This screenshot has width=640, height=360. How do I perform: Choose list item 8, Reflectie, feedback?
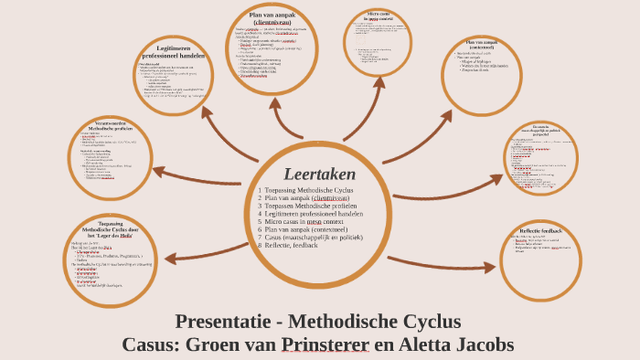pyautogui.click(x=292, y=245)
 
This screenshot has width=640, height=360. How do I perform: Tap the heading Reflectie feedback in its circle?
pyautogui.click(x=541, y=231)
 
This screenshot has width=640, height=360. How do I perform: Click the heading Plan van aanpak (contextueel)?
pyautogui.click(x=483, y=46)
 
